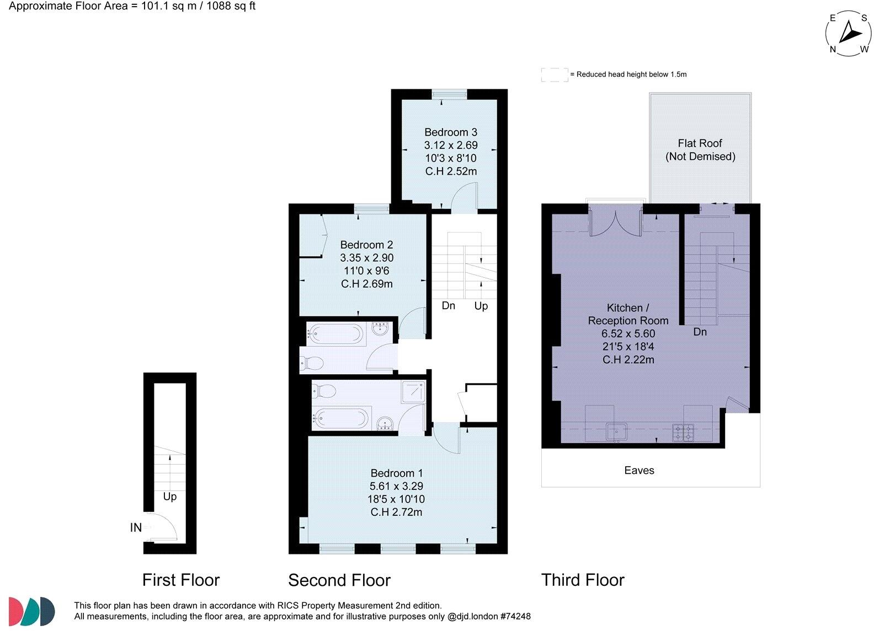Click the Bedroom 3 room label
click(x=450, y=132)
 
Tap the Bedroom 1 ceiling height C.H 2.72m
click(x=396, y=512)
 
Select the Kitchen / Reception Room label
click(x=628, y=314)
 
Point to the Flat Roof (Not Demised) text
click(x=700, y=149)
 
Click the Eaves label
click(x=639, y=470)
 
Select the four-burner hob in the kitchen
click(x=683, y=432)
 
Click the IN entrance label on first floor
click(x=136, y=527)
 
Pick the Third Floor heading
click(x=583, y=580)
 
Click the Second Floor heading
click(x=339, y=580)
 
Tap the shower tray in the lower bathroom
click(x=413, y=391)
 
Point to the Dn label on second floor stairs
click(x=448, y=305)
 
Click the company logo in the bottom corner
click(x=31, y=611)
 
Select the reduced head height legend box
click(x=554, y=74)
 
